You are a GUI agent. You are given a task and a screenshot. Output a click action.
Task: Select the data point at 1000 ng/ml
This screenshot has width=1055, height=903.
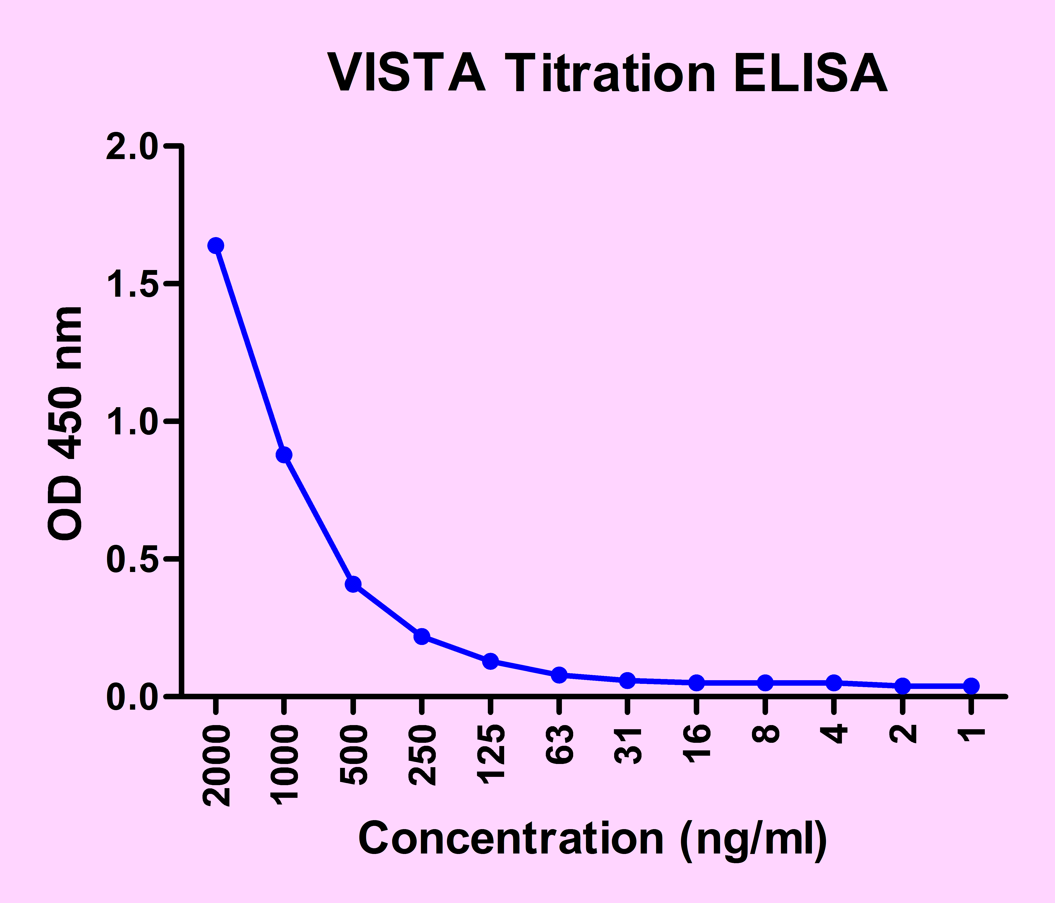coord(284,455)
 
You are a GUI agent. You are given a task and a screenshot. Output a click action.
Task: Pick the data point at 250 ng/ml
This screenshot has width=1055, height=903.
coord(422,637)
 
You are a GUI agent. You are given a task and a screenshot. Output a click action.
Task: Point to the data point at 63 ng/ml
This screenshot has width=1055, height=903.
coord(559,675)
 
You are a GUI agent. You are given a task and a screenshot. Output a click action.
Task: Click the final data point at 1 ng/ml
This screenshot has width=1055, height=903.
coord(971,686)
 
